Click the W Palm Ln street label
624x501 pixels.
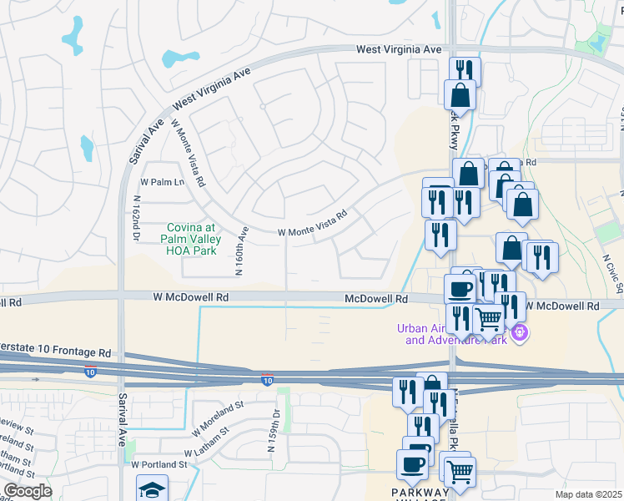(162, 182)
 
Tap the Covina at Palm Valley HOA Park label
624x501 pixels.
(191, 239)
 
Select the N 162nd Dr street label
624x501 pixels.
(135, 219)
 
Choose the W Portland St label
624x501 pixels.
(159, 463)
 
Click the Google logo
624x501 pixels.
(28, 491)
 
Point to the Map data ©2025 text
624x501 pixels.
(587, 494)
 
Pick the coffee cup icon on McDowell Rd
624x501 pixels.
(460, 288)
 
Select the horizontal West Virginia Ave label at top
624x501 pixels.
(399, 50)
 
